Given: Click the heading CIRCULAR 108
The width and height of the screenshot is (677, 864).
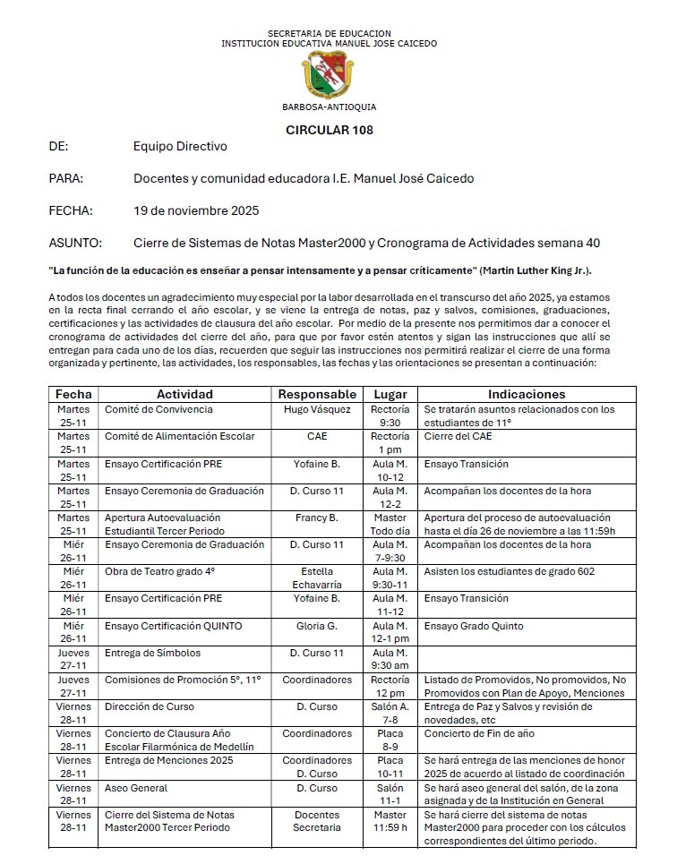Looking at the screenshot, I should (x=330, y=130).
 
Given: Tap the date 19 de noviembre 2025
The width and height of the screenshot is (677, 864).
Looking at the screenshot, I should (x=196, y=210).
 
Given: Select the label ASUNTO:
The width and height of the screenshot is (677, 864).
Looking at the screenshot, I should (x=75, y=243).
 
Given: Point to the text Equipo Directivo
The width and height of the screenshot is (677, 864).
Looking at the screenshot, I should (x=180, y=146).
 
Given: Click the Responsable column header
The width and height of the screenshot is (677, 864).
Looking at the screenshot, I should (x=317, y=394).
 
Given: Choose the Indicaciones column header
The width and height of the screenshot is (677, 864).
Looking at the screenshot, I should (x=527, y=394).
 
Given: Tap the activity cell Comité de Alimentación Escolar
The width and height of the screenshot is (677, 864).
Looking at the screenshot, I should (x=180, y=436).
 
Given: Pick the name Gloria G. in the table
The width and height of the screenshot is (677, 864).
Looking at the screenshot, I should (x=317, y=626).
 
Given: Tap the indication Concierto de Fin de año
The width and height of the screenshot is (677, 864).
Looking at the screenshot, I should (x=479, y=733).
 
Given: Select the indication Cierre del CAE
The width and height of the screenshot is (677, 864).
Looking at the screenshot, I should (x=458, y=436).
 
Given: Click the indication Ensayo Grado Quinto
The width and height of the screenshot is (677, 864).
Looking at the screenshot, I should (x=474, y=626).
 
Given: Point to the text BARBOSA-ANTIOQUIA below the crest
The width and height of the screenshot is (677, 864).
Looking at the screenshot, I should (x=329, y=107).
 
